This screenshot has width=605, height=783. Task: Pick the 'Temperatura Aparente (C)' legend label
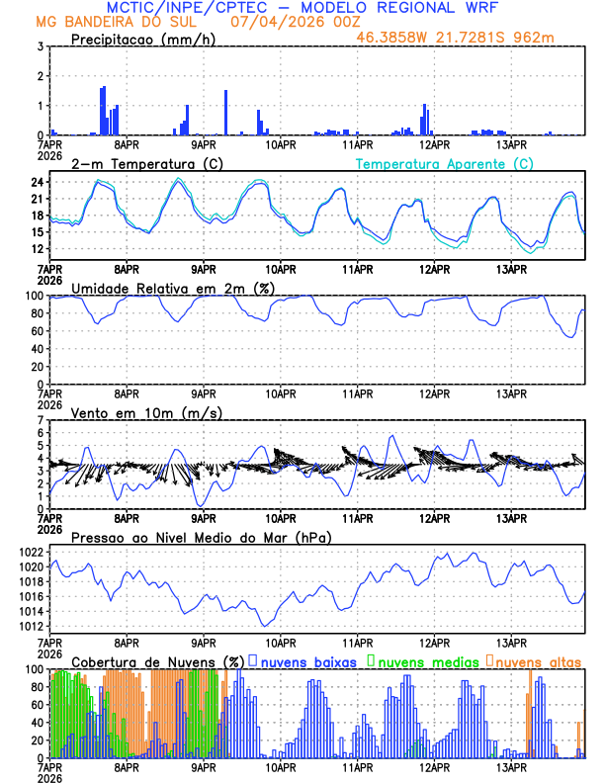(x=445, y=163)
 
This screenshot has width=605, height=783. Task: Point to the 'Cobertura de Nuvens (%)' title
(x=158, y=660)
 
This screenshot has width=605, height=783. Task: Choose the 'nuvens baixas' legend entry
(x=309, y=660)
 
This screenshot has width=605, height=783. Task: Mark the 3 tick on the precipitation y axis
(x=40, y=46)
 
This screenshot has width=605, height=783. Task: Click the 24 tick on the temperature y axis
(x=37, y=182)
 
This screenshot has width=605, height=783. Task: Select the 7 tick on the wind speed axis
(x=40, y=420)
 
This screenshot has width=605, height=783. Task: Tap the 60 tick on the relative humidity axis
(x=37, y=331)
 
